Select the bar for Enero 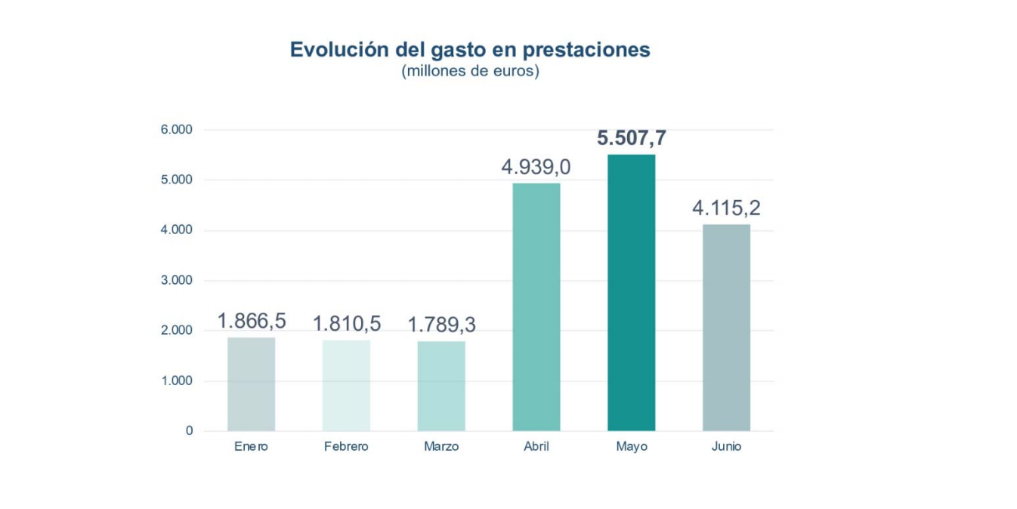pos(252,384)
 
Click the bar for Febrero pos(346,386)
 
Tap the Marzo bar pos(441,387)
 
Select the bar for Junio pos(726,328)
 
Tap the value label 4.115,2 pos(726,208)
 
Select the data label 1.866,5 pos(252,321)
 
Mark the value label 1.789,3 pos(441,325)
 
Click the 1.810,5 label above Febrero pos(347,324)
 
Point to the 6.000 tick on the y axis pos(177,130)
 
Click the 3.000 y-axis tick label pos(177,280)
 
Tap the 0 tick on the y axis pos(189,431)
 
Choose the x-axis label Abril pos(536,446)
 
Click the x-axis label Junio pos(726,446)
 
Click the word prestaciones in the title pos(586,50)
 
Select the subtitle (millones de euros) pos(470,72)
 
